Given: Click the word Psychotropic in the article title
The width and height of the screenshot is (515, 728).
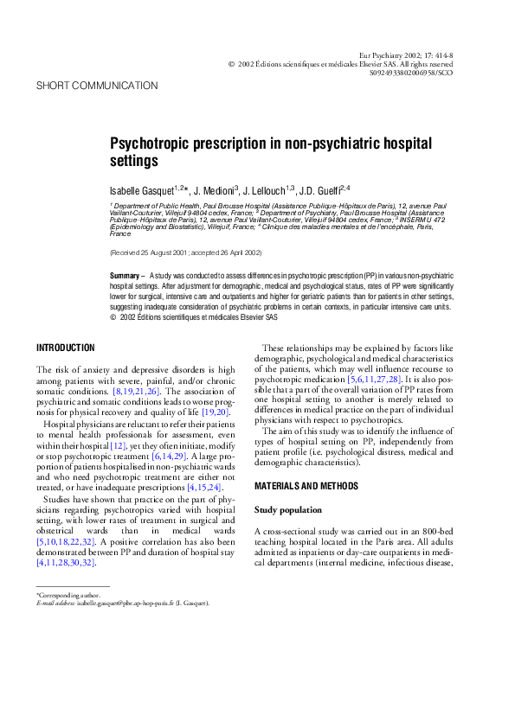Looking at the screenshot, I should pyautogui.click(x=152, y=143).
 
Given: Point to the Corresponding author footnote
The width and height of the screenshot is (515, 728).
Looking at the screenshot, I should pyautogui.click(x=68, y=595).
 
